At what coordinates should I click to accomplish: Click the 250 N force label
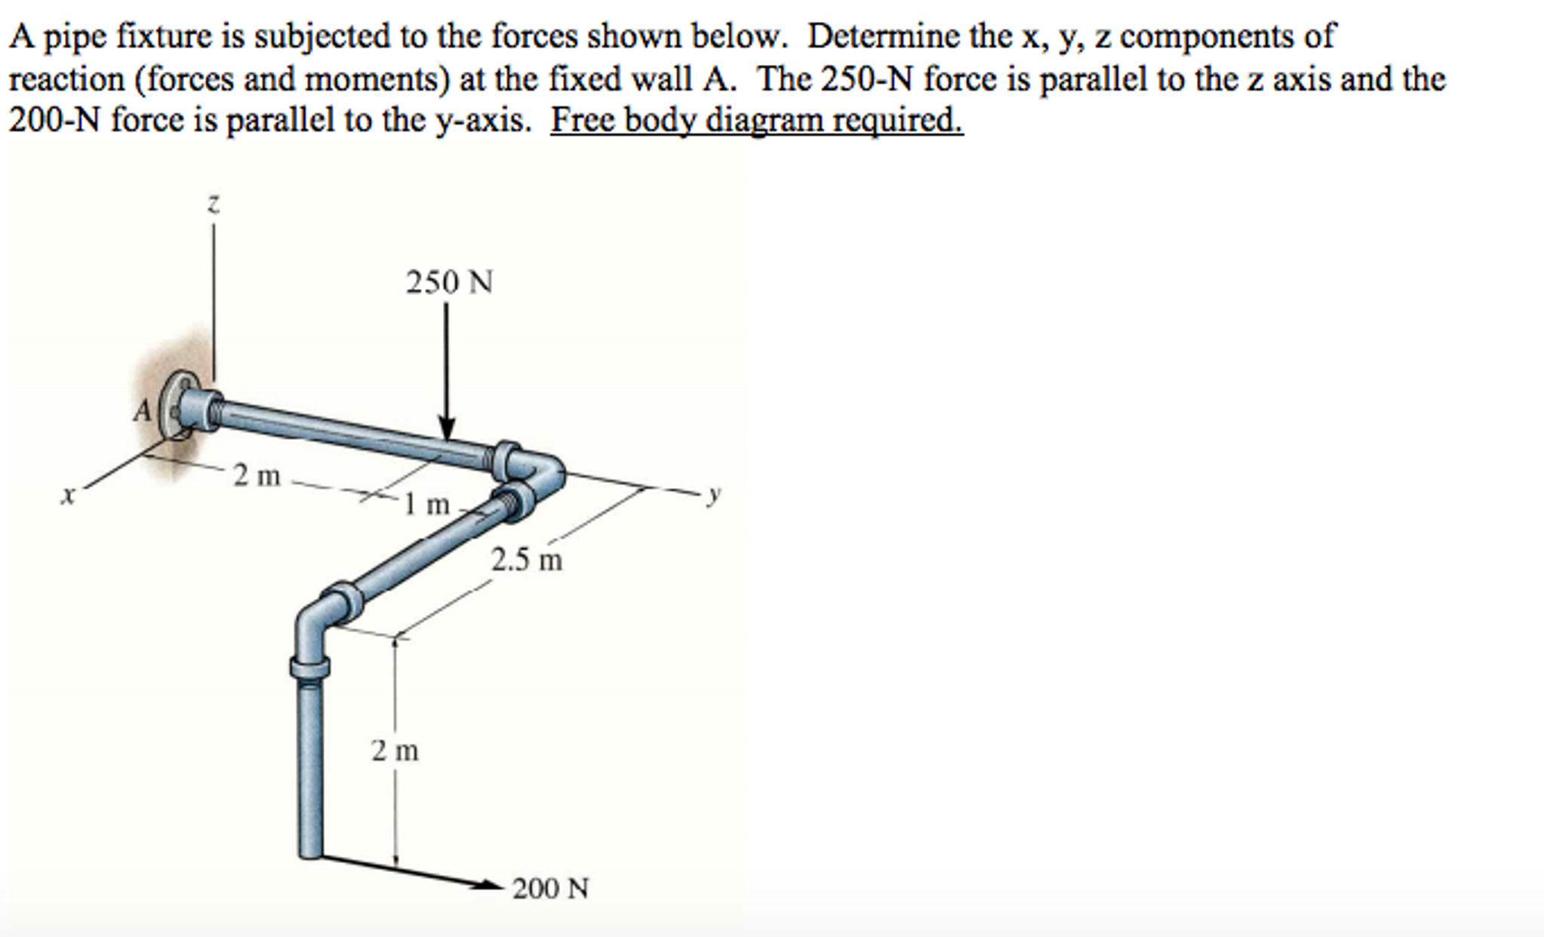449,283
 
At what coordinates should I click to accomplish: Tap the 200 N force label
550,889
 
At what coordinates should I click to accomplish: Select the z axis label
214,204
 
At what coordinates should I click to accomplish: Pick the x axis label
69,496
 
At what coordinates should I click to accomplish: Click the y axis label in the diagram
714,494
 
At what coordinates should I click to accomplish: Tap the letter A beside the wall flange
142,411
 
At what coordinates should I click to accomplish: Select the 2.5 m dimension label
527,561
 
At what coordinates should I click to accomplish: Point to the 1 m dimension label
427,504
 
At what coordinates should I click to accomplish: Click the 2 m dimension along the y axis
257,476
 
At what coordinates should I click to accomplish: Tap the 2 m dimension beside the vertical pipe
395,751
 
